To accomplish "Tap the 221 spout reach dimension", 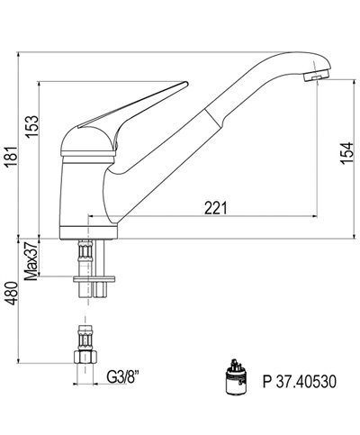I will coord(214,208).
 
